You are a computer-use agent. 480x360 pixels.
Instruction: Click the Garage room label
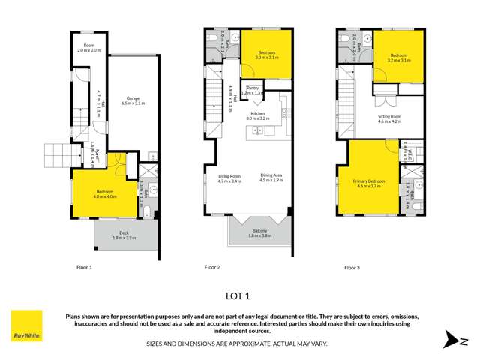[x=134, y=98]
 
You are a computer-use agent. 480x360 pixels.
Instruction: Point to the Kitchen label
[x=258, y=115]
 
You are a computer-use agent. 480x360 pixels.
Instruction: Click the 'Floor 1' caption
[x=84, y=267]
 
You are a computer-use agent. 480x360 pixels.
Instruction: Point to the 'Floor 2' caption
[x=211, y=267]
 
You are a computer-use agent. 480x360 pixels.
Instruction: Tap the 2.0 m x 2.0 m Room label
[x=90, y=48]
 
